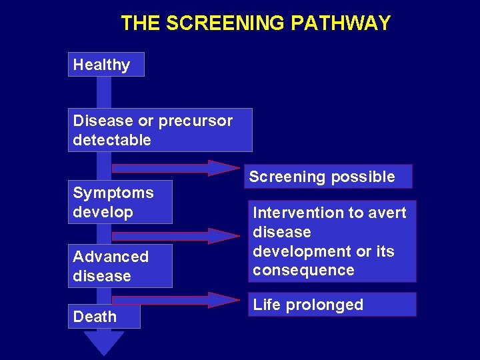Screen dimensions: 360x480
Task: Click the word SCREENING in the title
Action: click(225, 23)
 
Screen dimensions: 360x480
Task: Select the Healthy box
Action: click(105, 65)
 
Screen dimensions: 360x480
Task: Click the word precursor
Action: click(195, 121)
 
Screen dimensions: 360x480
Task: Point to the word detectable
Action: click(112, 141)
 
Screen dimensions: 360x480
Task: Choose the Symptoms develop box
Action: click(120, 202)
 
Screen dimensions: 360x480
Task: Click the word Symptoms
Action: click(113, 193)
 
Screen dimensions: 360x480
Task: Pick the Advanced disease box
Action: click(120, 266)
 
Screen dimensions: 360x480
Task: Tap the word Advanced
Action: click(111, 257)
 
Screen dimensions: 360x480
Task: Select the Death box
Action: click(104, 317)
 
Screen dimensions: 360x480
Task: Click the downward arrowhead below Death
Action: click(103, 343)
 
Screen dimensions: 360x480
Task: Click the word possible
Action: click(363, 177)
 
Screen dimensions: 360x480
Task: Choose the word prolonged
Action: click(324, 305)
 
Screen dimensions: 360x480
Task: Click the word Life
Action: click(267, 305)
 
